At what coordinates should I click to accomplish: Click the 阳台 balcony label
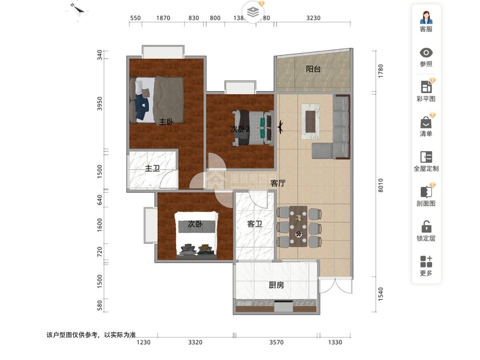point(313,69)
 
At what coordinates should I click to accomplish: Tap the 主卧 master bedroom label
point(166,122)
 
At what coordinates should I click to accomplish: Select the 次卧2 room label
point(240,129)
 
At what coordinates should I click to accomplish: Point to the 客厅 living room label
point(278,184)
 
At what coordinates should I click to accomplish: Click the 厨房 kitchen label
point(276,285)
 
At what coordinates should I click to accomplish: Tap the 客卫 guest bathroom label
point(254,224)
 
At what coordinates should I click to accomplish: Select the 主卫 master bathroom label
point(152,168)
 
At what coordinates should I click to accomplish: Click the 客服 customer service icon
point(426,18)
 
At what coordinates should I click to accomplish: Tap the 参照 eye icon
point(426,52)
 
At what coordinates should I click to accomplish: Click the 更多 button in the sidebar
point(426,262)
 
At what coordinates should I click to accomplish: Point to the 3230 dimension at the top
point(313,18)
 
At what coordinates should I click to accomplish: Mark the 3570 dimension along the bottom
point(276,342)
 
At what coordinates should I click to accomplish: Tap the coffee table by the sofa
point(310,121)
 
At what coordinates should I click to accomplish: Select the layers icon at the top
point(253,12)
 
